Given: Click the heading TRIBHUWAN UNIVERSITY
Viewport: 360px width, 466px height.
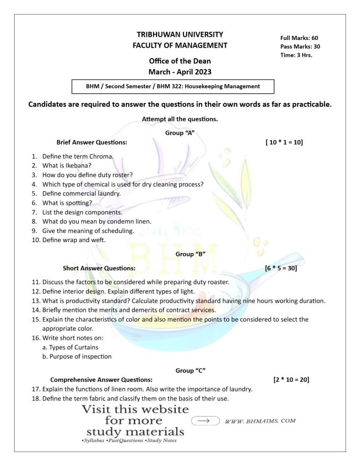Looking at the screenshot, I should click(x=180, y=34).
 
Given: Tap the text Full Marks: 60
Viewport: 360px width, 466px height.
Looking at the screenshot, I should click(x=299, y=38).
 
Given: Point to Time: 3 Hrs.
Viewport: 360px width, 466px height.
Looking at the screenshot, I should click(x=296, y=55).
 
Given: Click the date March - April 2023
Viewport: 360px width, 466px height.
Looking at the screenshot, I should click(x=180, y=71).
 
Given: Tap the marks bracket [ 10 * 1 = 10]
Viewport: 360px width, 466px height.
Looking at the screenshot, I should click(x=284, y=142).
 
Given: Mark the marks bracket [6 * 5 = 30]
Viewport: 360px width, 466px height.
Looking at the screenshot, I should click(x=281, y=268).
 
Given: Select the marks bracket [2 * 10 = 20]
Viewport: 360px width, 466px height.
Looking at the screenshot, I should click(x=291, y=379).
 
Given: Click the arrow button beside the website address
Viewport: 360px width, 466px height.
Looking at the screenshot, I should click(x=206, y=421).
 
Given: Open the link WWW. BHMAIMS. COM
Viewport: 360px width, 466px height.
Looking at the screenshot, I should click(x=260, y=421).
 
